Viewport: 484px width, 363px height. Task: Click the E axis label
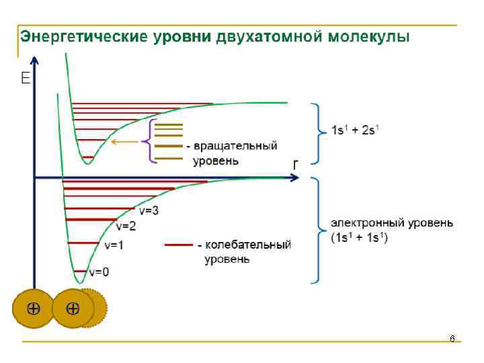(26, 79)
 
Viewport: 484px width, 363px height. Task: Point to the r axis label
(295, 163)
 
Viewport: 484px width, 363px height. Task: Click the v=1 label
(114, 245)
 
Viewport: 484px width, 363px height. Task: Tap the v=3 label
(149, 210)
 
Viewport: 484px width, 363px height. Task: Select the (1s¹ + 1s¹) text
(360, 237)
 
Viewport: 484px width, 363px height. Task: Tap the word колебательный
(247, 245)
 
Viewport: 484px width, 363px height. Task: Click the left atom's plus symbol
(32, 309)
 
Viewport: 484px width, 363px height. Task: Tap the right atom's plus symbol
(73, 309)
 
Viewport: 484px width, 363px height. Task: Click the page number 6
(452, 339)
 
